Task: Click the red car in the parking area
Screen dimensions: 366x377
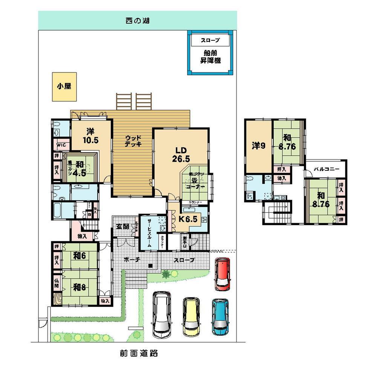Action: coord(222,274)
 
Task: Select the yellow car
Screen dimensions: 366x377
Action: coord(192,317)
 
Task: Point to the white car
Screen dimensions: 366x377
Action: coord(162,315)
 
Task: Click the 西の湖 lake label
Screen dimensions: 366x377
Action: coord(138,20)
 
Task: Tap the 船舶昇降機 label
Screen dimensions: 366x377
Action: coord(211,57)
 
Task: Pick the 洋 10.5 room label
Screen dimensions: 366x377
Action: coord(90,136)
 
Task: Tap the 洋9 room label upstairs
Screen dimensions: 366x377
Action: coord(258,145)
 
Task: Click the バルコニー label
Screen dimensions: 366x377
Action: coord(326,169)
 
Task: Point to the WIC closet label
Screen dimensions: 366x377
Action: coord(61,145)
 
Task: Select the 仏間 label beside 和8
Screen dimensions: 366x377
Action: coord(56,283)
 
